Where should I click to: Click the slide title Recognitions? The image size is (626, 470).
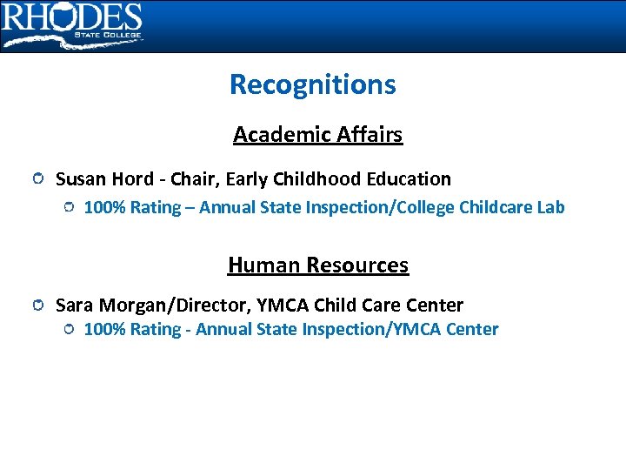[x=312, y=84]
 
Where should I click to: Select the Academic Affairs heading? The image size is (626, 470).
[x=317, y=135]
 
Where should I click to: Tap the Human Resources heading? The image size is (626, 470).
[x=317, y=265]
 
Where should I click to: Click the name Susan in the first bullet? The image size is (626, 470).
[x=80, y=179]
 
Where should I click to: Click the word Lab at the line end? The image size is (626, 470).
[x=550, y=207]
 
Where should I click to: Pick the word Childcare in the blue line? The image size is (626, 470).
[x=495, y=207]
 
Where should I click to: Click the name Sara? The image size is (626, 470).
[x=75, y=305]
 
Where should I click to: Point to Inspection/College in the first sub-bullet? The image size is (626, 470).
[x=383, y=207]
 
